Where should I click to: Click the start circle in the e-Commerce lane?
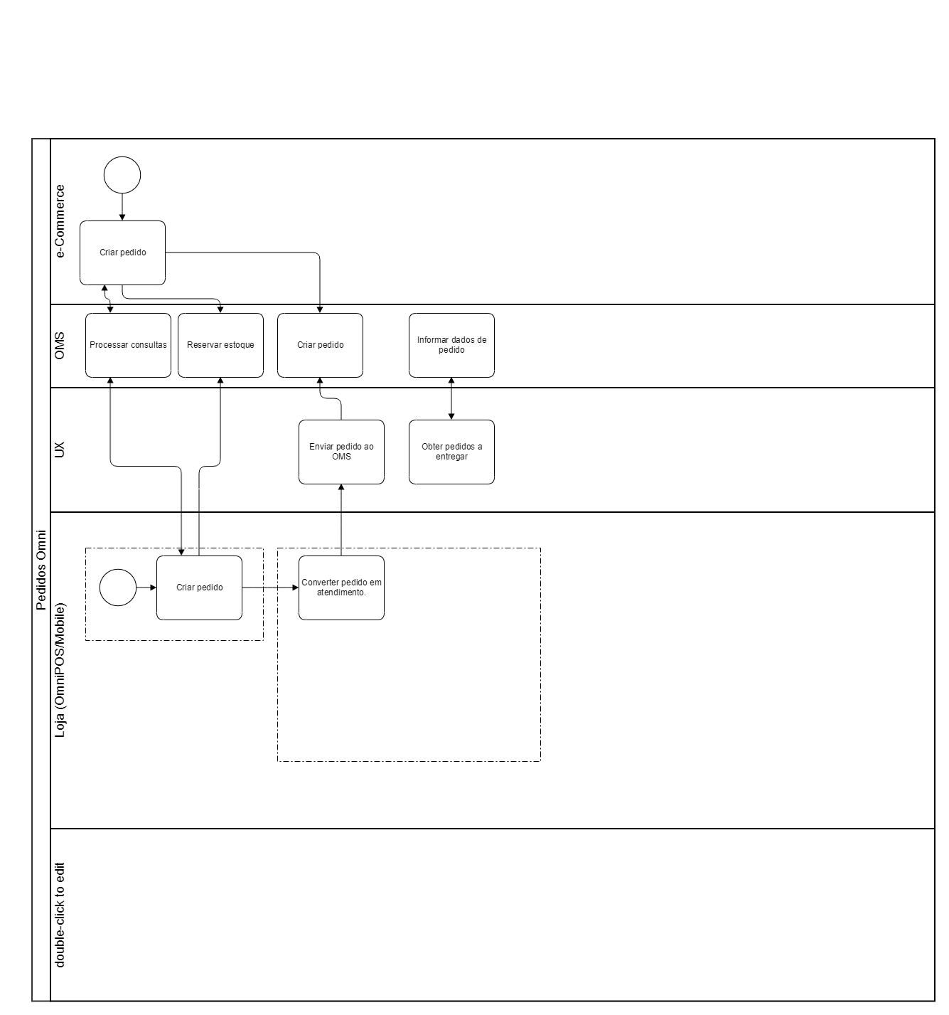(x=122, y=175)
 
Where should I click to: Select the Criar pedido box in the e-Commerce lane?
(x=122, y=253)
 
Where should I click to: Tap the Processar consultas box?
(x=128, y=345)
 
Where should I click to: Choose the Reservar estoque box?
(x=220, y=345)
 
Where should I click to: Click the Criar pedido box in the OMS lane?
(x=320, y=345)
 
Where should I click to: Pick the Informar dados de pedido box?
(x=451, y=345)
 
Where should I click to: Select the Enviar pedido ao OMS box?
(x=341, y=452)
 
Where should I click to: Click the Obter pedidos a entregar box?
(x=451, y=452)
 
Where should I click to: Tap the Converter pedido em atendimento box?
(x=341, y=588)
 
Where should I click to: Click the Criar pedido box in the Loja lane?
(x=199, y=588)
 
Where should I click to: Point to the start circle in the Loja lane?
(x=118, y=588)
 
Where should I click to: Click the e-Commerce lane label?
(x=60, y=221)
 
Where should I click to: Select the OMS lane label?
(x=60, y=346)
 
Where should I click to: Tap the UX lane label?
(x=60, y=450)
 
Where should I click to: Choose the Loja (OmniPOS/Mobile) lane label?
(x=60, y=669)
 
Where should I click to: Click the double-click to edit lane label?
(x=60, y=915)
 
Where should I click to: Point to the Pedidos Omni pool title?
(x=41, y=570)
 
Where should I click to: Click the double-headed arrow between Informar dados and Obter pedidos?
(x=451, y=398)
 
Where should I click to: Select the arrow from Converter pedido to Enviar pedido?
(x=341, y=519)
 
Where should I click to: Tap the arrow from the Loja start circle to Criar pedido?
(x=146, y=588)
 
